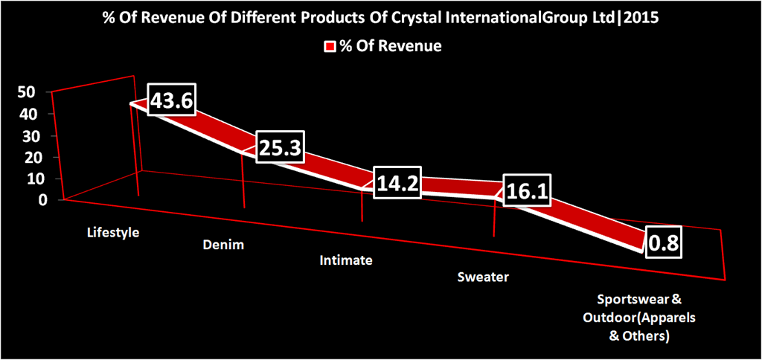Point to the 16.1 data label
coord(526,192)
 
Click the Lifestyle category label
coord(113,232)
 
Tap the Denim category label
coord(223,245)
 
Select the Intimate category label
coord(345,261)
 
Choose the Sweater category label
coord(483,277)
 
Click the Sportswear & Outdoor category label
coord(639,318)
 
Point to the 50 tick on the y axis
coord(27,91)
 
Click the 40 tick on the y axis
coord(27,114)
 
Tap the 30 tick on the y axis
coord(27,135)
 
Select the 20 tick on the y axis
coord(27,157)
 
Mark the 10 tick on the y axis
coord(27,179)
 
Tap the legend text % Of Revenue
coord(390,46)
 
